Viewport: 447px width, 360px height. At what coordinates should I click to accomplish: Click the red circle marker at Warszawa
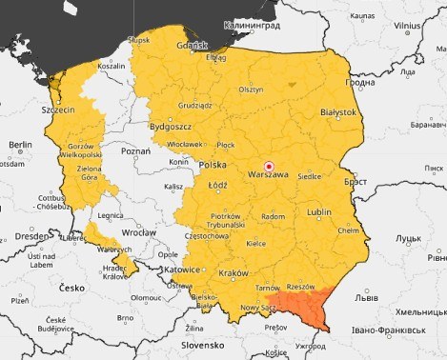(268, 166)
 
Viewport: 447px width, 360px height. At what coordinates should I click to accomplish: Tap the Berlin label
(21, 144)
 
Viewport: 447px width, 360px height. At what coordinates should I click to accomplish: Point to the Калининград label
(252, 27)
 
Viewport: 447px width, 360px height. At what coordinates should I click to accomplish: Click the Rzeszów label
(299, 286)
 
